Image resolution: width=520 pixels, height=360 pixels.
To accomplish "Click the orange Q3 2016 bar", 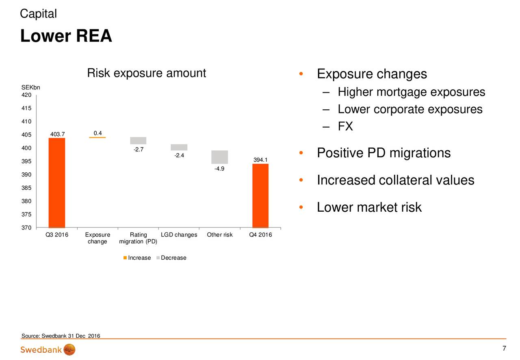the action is coord(57,183).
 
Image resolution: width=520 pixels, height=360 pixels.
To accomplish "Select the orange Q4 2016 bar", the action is coord(260,196).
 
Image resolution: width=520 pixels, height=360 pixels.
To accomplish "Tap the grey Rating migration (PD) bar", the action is coord(138,141).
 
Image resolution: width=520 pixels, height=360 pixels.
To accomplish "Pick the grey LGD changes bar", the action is coord(179,147).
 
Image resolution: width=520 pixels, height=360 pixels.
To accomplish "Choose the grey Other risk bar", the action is coord(220,157).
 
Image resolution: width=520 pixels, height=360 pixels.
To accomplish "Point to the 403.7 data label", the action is coord(58,134).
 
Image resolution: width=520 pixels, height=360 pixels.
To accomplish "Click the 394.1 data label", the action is coord(260,160).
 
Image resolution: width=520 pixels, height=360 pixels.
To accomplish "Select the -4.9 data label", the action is coord(219,169).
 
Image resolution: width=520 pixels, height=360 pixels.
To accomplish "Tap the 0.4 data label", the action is coord(98,133).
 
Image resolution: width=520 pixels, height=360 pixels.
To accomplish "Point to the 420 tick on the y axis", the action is coord(26,95).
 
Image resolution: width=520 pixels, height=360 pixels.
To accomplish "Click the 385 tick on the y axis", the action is coord(26,188).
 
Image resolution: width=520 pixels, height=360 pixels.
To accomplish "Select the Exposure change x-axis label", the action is coord(97,238).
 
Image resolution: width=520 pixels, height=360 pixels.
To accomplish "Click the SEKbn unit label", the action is coord(30,87).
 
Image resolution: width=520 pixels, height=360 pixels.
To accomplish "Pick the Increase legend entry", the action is coord(137,258).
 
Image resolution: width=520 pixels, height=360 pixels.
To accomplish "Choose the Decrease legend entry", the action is coord(171,258).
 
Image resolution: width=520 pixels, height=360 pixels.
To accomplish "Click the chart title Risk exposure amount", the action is coord(147,73).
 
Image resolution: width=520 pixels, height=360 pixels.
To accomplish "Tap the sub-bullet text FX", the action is coord(345,126).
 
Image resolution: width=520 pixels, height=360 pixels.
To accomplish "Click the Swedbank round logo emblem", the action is coord(69,350).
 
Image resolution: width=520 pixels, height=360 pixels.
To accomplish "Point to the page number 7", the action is coord(504,348).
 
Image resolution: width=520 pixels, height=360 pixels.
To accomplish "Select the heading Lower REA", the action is coord(66,36).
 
